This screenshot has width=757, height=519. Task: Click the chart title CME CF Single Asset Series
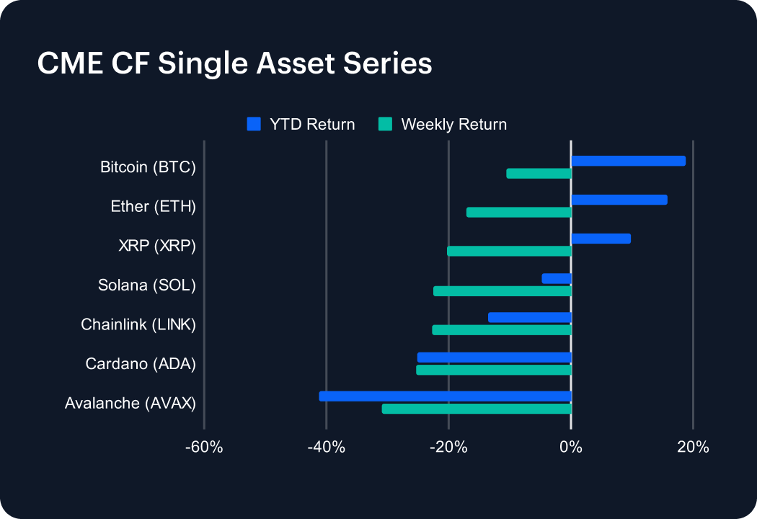[234, 63]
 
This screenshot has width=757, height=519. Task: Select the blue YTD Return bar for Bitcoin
[628, 161]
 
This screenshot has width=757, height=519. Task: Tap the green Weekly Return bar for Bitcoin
[539, 174]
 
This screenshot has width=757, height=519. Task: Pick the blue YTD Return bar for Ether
[619, 200]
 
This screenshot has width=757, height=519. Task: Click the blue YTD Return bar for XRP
[601, 239]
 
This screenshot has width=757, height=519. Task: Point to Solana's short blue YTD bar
[557, 278]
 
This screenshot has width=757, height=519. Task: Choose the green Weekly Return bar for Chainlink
[502, 330]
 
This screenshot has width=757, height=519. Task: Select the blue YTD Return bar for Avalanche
[445, 396]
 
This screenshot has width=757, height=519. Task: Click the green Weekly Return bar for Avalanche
[477, 409]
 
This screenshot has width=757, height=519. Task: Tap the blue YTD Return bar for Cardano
[494, 357]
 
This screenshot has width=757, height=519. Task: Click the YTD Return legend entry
[301, 124]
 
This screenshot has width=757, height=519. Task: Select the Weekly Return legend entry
[443, 124]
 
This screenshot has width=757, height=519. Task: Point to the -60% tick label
[204, 447]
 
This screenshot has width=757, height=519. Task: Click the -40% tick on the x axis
[327, 447]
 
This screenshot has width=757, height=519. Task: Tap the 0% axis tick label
[571, 447]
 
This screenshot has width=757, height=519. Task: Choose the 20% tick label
[694, 447]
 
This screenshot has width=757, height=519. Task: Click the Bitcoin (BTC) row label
[148, 168]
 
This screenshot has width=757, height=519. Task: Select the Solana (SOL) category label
[147, 285]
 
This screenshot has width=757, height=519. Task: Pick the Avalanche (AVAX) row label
[130, 403]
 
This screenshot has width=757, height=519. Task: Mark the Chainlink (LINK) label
[138, 324]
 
